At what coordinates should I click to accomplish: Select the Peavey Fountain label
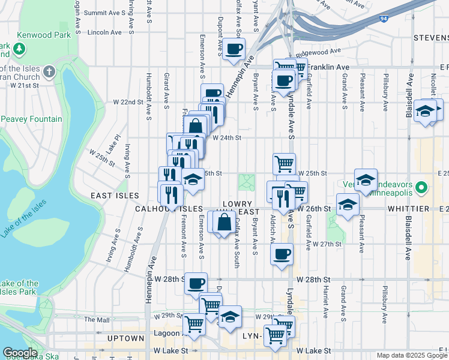click(x=31, y=119)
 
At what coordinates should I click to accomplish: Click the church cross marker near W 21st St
click(x=49, y=73)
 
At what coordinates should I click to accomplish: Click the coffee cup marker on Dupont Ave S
click(x=234, y=49)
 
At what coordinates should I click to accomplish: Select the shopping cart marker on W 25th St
click(x=284, y=163)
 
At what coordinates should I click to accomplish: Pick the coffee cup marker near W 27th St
click(x=282, y=253)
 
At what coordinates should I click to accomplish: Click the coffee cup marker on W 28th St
click(x=195, y=283)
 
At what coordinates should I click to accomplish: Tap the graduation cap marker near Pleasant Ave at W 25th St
click(x=366, y=179)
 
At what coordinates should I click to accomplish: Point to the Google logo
click(x=20, y=353)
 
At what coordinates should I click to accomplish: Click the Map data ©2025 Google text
click(x=411, y=355)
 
